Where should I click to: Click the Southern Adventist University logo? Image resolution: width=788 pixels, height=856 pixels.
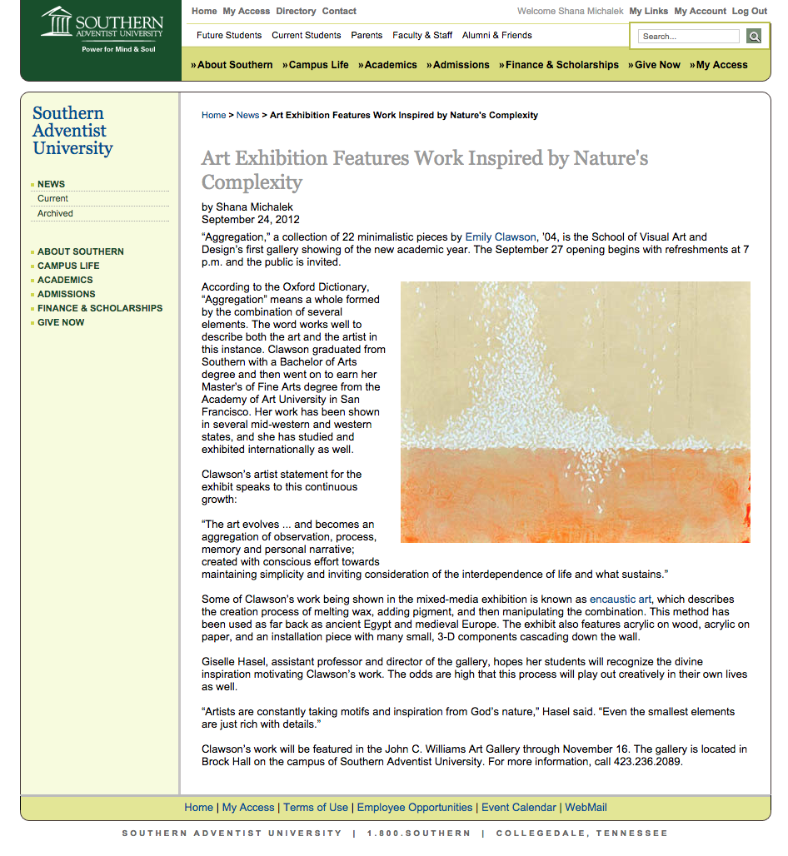coord(102,30)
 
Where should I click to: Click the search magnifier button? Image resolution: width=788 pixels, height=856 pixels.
coord(753,36)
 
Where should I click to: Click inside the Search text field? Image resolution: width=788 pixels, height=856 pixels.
coord(689,36)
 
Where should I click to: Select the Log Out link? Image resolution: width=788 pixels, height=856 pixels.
coord(750,12)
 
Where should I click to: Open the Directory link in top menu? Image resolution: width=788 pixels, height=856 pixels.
coord(296,12)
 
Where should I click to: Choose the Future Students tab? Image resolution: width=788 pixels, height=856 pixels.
coord(229,36)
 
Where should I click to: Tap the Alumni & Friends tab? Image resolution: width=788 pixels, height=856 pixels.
coord(496,36)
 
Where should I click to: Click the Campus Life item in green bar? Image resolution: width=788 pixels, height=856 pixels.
coord(316,65)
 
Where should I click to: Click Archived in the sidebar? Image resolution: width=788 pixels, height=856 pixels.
coord(55,213)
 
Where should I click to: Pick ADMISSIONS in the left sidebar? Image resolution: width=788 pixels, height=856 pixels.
coord(66,294)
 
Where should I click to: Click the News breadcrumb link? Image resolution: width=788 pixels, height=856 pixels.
coord(247,115)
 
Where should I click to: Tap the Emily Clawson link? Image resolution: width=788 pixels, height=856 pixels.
coord(501,237)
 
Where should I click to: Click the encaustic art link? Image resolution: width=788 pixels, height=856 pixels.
coord(621,600)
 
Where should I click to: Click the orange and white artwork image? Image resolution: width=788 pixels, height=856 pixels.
coord(575,412)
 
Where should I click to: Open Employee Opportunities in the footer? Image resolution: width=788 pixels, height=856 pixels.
coord(415,808)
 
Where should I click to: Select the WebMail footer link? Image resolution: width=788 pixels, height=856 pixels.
coord(586,808)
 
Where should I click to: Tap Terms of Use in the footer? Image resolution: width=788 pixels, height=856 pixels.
coord(316,808)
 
